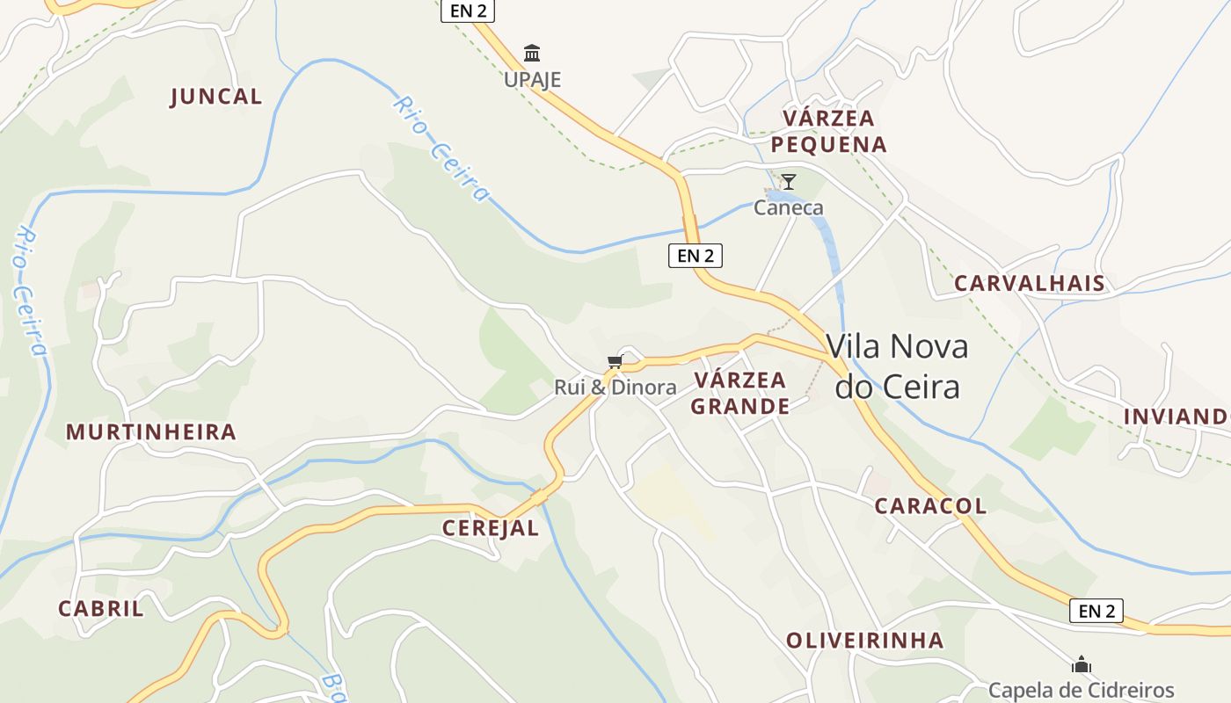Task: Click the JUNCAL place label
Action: coord(215,97)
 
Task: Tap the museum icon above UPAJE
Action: coord(532,54)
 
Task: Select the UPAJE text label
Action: coord(532,80)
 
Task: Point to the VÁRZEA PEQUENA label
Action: coord(829,131)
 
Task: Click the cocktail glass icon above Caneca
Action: coord(789,182)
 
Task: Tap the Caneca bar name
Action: coord(789,208)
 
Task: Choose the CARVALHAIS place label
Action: coord(1030,283)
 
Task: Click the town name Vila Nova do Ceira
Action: coord(897,366)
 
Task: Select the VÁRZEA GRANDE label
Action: coord(740,393)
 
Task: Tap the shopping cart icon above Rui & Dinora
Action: coord(615,361)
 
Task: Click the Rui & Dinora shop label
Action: coord(615,388)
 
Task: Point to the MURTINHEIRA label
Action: coord(151,432)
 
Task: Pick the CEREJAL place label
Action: coord(490,528)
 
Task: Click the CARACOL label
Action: coord(930,506)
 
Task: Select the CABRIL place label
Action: coord(101,609)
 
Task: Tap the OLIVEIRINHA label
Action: coord(865,641)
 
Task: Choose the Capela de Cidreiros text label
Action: coord(1082,690)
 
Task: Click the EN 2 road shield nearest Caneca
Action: coord(696,256)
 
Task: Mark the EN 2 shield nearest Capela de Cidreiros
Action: coord(1096,611)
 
